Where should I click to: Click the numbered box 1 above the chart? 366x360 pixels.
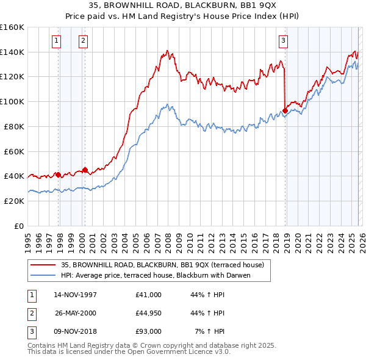tap(56, 41)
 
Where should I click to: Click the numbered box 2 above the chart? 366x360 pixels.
tap(83, 41)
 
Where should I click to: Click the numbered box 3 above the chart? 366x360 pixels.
tap(284, 41)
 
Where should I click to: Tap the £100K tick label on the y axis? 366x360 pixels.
tap(12, 101)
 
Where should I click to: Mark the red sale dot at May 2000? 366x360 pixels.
tap(85, 170)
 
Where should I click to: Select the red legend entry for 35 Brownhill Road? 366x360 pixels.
tap(162, 265)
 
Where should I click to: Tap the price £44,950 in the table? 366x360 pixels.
tap(149, 313)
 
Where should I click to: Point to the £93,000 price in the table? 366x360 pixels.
tap(149, 331)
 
